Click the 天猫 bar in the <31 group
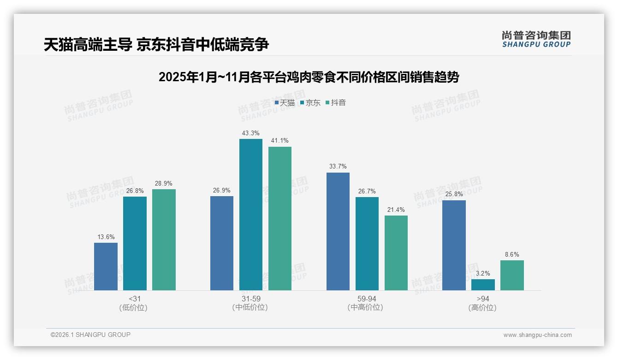[x=106, y=266]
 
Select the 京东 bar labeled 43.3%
[x=251, y=215]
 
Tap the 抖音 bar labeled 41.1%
[x=280, y=218]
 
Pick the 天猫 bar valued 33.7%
[x=338, y=231]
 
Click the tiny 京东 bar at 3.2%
[x=483, y=285]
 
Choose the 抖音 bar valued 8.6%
[x=512, y=275]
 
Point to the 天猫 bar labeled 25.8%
[x=454, y=245]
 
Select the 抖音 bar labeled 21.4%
[x=396, y=253]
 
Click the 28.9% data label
[x=164, y=183]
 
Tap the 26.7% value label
[x=367, y=191]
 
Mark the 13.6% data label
[x=106, y=237]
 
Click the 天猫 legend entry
[x=285, y=102]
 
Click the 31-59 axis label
[x=250, y=299]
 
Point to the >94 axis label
[x=483, y=299]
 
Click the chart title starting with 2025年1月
[x=309, y=78]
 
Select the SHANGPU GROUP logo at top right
[x=536, y=39]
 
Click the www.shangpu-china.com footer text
[x=537, y=335]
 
